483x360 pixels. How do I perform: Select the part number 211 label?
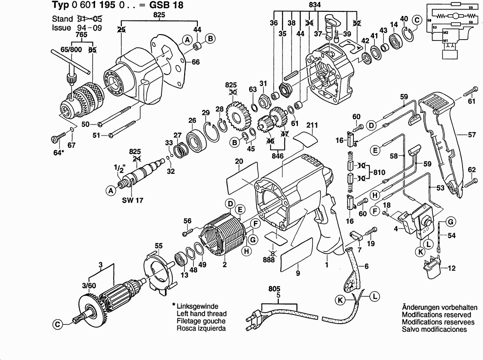pyautogui.click(x=312, y=125)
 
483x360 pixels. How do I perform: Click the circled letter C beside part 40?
pyautogui.click(x=417, y=20)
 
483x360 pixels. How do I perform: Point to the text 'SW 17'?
pyautogui.click(x=132, y=200)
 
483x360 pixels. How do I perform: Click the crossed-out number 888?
pyautogui.click(x=269, y=260)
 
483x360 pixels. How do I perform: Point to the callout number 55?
pyautogui.click(x=159, y=246)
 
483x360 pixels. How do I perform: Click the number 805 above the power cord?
pyautogui.click(x=274, y=289)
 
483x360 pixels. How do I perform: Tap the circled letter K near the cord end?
pyautogui.click(x=340, y=300)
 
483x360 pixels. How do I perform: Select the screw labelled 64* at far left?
pyautogui.click(x=58, y=137)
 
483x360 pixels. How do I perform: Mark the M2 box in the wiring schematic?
pyautogui.click(x=445, y=33)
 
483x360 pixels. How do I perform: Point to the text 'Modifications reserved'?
pyautogui.click(x=436, y=315)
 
